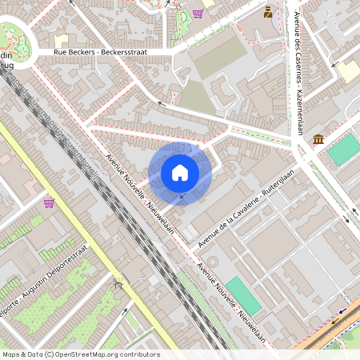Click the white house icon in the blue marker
click(x=180, y=173)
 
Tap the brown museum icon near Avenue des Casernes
click(x=319, y=140)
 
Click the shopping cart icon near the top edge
click(x=198, y=14)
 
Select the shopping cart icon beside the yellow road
click(x=49, y=203)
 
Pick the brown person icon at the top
click(x=267, y=12)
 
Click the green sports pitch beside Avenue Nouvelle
click(x=243, y=295)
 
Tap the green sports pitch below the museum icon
click(x=344, y=150)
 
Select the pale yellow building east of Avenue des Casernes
click(x=349, y=71)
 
